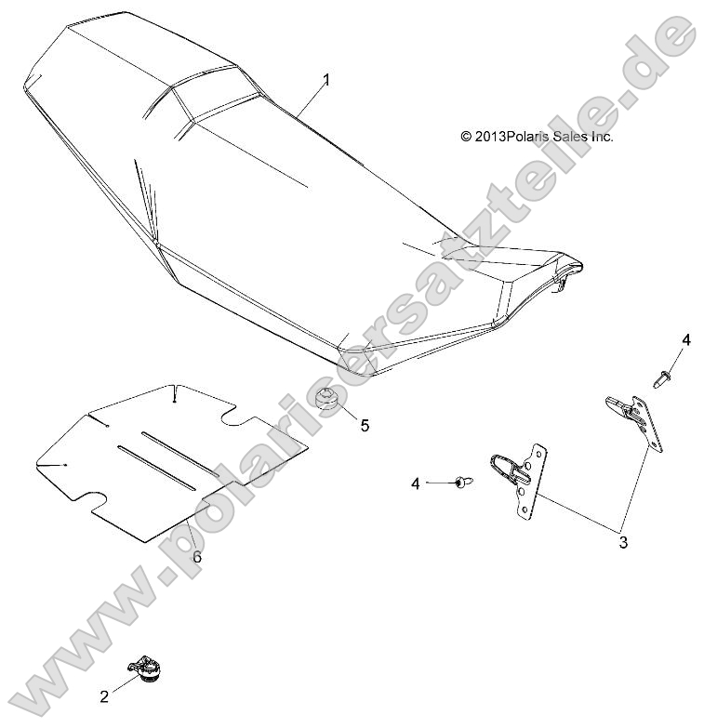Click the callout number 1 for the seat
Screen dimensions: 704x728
(x=326, y=81)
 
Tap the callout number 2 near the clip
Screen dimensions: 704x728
(x=104, y=695)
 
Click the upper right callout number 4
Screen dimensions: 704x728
(x=686, y=340)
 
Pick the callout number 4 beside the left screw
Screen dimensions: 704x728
(x=417, y=483)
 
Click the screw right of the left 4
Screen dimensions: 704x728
(x=459, y=482)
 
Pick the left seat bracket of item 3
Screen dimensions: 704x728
(x=518, y=476)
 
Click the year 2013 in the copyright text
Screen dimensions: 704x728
(x=490, y=137)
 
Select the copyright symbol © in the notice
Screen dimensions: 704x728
(x=466, y=137)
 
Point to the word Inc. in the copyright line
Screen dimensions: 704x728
(x=603, y=137)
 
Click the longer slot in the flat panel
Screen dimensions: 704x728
(x=155, y=469)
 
